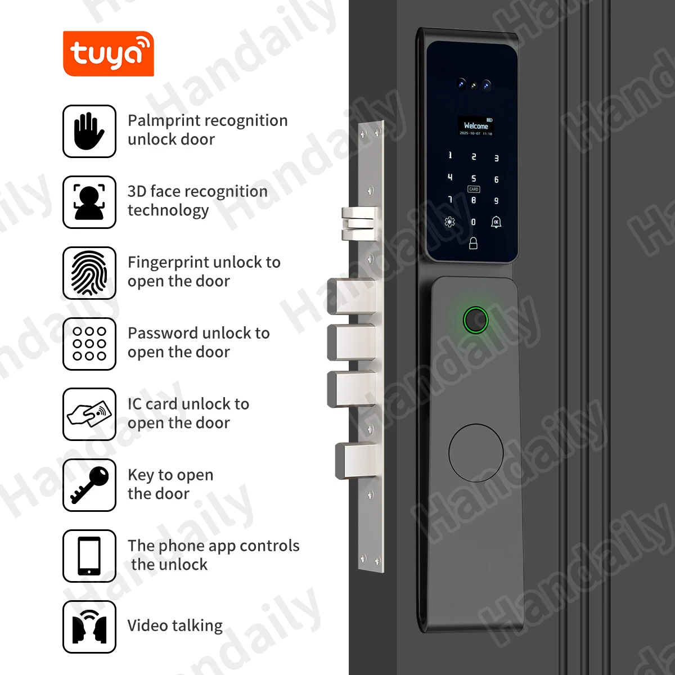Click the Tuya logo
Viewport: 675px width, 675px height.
pos(108,53)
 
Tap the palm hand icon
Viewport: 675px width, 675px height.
pos(89,131)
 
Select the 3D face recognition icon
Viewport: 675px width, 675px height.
pos(89,202)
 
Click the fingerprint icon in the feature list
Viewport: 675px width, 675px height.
pos(89,273)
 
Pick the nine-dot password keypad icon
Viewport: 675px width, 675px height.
pos(89,344)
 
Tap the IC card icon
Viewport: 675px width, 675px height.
pos(89,415)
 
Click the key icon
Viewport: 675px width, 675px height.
pos(89,485)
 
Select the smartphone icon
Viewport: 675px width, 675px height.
pos(89,556)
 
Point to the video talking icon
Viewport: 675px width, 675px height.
pos(89,627)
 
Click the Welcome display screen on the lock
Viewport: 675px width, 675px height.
pos(476,127)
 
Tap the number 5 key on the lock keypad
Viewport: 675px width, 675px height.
pos(474,178)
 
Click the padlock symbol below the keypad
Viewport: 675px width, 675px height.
pos(473,243)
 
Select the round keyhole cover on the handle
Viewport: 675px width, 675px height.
pos(476,453)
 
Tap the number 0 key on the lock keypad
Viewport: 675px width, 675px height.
pos(473,222)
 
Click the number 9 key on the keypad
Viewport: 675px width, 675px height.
pos(496,201)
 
